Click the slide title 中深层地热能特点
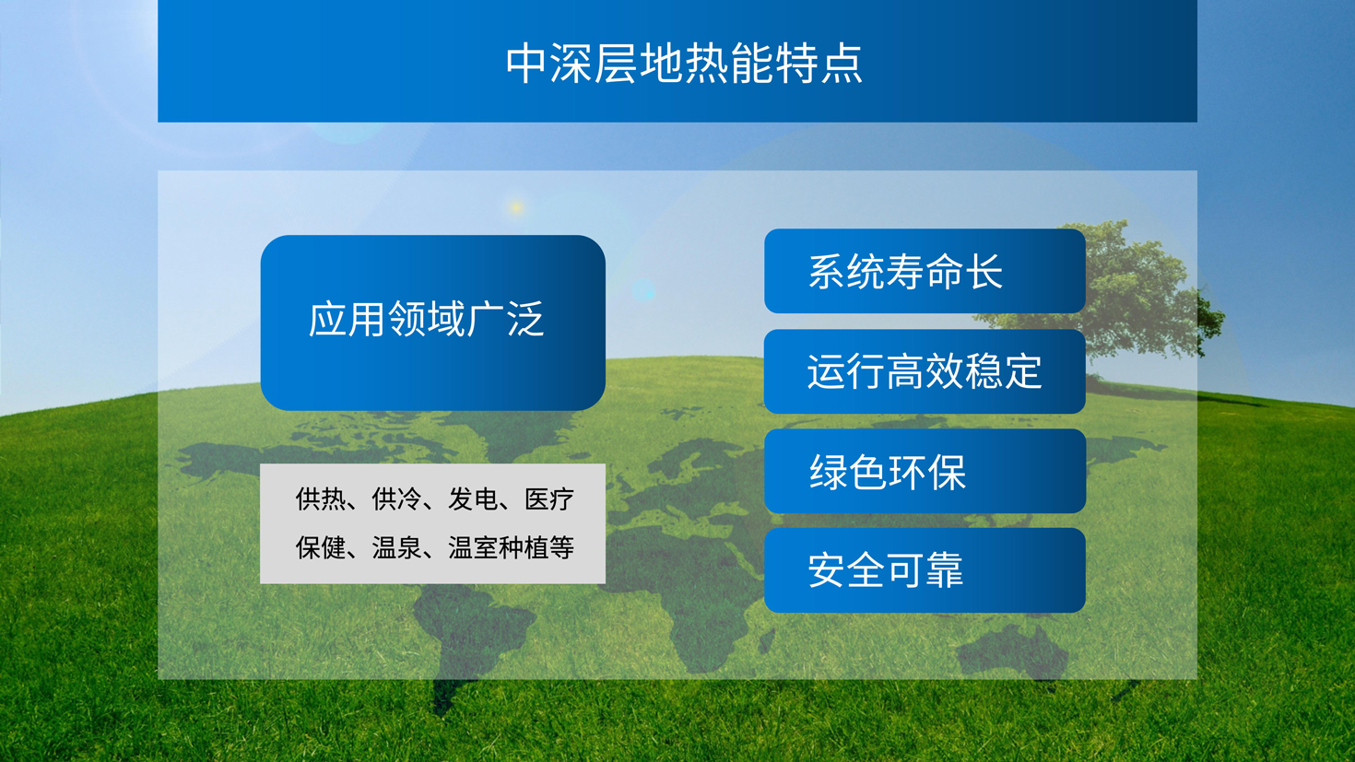pos(684,63)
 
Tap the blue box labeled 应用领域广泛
pos(433,322)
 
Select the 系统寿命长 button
pos(925,271)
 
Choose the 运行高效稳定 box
pos(925,371)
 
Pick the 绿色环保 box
pos(925,471)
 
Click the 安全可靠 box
pos(925,570)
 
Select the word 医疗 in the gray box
pos(549,499)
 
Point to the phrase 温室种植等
pos(512,548)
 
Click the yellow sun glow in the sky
pos(516,207)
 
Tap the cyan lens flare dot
pos(643,291)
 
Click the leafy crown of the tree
pos(1107,290)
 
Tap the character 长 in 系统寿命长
pos(984,272)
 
